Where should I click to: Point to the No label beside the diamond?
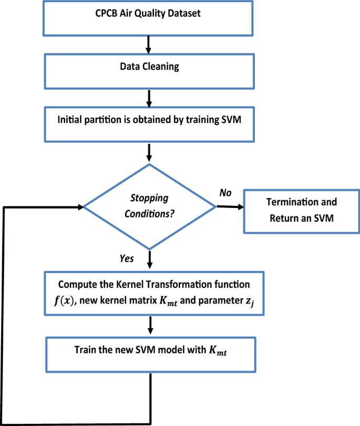click(225, 193)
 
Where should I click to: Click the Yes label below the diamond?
click(127, 258)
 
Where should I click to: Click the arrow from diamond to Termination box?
click(230, 207)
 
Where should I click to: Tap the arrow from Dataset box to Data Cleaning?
click(148, 45)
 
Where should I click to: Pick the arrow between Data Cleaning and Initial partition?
click(149, 98)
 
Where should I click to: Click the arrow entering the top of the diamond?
click(149, 153)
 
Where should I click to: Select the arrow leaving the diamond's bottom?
click(150, 259)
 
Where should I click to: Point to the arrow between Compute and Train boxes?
click(150, 325)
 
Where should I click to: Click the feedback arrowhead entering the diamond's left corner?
click(81, 207)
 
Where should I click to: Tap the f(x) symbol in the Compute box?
click(64, 301)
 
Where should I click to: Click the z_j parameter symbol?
click(250, 302)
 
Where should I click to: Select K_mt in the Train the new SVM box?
click(218, 351)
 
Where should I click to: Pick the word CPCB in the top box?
click(106, 13)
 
